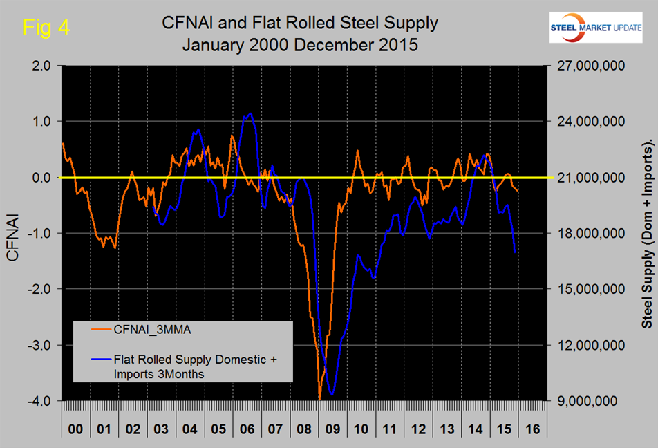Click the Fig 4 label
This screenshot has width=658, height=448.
[x=46, y=28]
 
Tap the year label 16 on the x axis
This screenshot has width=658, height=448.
[x=532, y=429]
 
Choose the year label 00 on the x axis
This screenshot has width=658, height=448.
[x=75, y=429]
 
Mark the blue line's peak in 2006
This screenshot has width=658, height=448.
[x=250, y=114]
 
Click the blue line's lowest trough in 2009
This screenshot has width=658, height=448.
[x=333, y=395]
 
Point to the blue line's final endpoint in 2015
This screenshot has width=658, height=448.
[x=516, y=252]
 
